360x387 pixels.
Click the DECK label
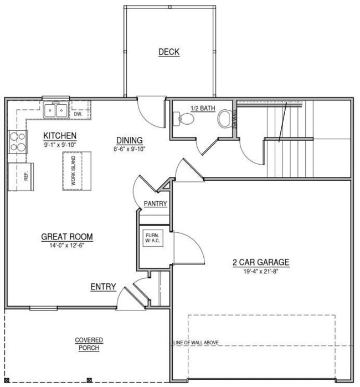[x=169, y=52]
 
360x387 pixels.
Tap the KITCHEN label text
[x=60, y=136]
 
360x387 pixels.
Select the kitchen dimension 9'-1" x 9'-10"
[x=60, y=145]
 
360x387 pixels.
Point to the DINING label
[x=129, y=140]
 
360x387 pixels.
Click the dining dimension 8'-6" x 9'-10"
[x=129, y=149]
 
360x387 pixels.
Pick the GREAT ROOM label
[x=67, y=237]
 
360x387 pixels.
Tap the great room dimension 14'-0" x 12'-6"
[x=67, y=246]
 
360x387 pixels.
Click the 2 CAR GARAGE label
[x=261, y=262]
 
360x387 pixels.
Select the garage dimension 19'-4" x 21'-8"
[x=261, y=272]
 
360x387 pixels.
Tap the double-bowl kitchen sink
[x=56, y=110]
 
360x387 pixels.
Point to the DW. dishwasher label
[x=78, y=114]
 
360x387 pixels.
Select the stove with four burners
[x=17, y=142]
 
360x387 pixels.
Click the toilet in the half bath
[x=225, y=118]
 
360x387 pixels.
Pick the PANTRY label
[x=155, y=204]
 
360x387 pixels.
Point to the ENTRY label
[x=104, y=287]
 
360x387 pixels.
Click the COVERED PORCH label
[x=89, y=343]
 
